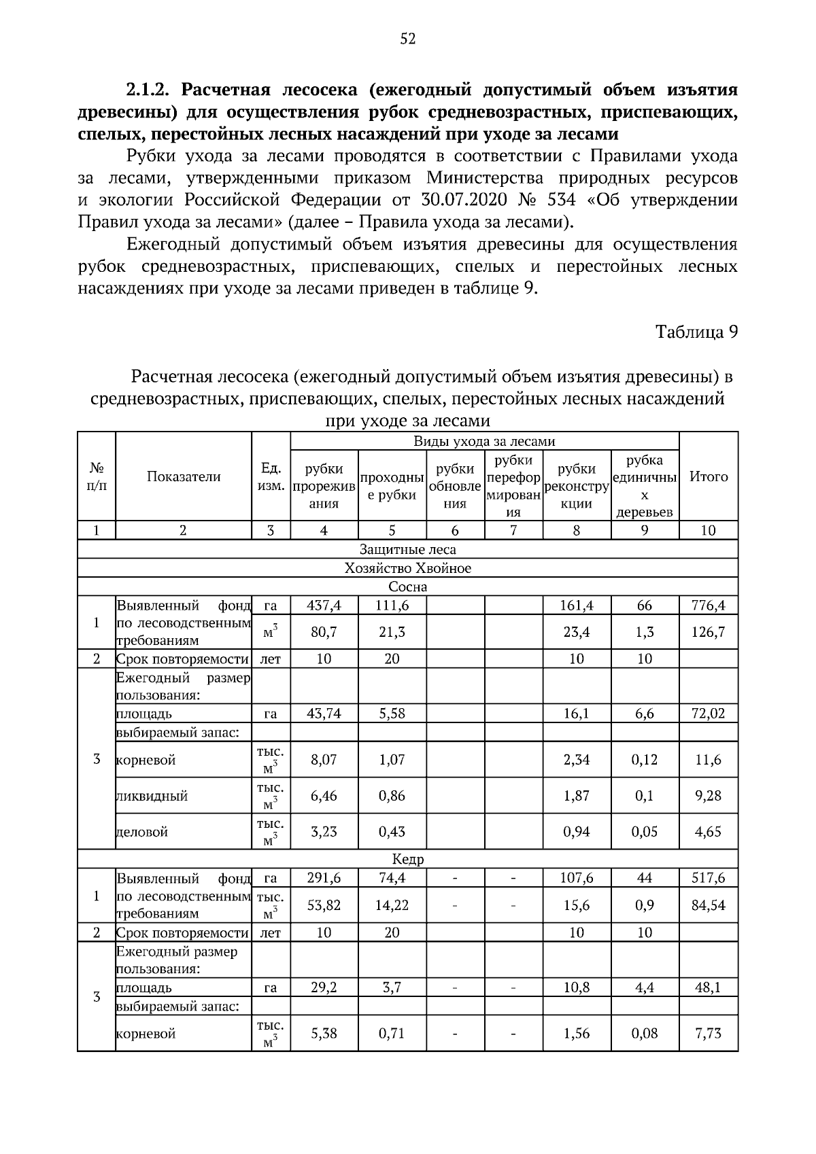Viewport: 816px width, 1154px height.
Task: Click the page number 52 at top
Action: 407,39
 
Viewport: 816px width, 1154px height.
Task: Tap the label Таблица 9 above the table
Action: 696,332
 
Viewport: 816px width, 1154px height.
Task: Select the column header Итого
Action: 709,476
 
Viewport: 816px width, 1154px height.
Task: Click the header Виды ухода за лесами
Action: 484,441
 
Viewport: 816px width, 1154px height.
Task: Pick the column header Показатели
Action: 184,476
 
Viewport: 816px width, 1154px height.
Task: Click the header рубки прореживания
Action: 324,486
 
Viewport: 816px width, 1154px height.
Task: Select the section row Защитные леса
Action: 407,549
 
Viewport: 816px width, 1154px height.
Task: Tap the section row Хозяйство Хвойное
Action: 407,568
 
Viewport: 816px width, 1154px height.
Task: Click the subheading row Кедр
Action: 407,859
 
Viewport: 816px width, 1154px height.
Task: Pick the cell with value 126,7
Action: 709,632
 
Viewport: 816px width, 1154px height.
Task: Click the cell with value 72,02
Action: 709,714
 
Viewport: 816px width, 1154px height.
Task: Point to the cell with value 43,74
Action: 324,714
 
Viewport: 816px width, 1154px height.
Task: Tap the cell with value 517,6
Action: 709,878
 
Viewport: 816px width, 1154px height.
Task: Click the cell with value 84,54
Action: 709,905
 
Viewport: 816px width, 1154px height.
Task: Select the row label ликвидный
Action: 152,796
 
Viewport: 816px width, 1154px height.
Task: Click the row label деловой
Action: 143,832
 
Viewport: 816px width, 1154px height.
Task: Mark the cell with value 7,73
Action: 709,1034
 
